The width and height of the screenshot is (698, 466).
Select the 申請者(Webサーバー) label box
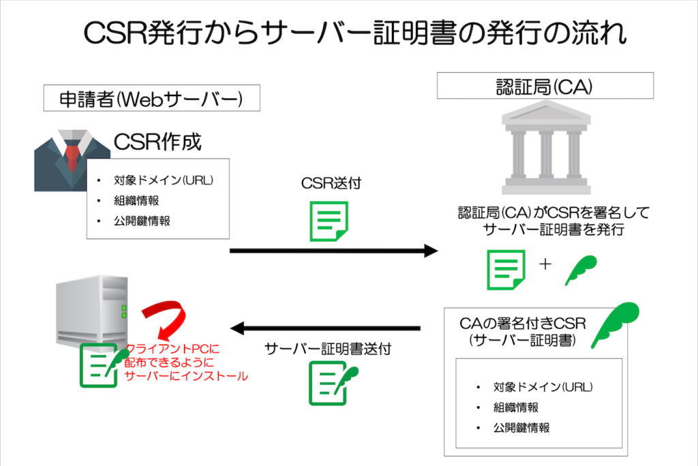(x=152, y=98)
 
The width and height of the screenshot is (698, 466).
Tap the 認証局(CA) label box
(x=545, y=87)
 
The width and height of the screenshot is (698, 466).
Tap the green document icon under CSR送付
(x=330, y=221)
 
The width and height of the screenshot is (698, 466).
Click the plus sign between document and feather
(x=545, y=264)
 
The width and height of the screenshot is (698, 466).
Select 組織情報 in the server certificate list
(x=516, y=407)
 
